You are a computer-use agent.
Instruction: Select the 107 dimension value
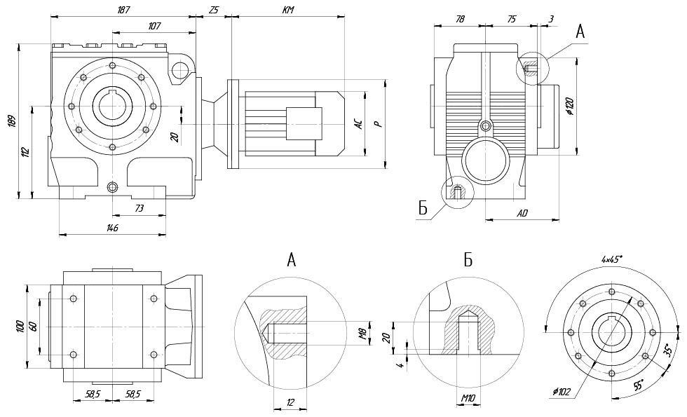tap(154, 27)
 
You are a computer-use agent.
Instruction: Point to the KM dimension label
tap(287, 10)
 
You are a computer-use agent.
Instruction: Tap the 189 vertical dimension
tap(11, 120)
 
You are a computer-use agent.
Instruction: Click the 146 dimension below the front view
tap(112, 228)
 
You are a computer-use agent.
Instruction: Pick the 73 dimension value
tap(140, 208)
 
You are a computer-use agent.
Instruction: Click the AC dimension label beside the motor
tap(358, 124)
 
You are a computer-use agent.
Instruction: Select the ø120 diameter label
tap(569, 107)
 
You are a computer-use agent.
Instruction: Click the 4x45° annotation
tap(612, 259)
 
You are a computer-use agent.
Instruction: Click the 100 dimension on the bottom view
tap(20, 326)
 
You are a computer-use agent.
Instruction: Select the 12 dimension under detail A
tap(291, 402)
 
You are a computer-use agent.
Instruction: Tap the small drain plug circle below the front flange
tap(113, 187)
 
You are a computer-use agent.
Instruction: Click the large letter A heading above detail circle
tap(292, 261)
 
